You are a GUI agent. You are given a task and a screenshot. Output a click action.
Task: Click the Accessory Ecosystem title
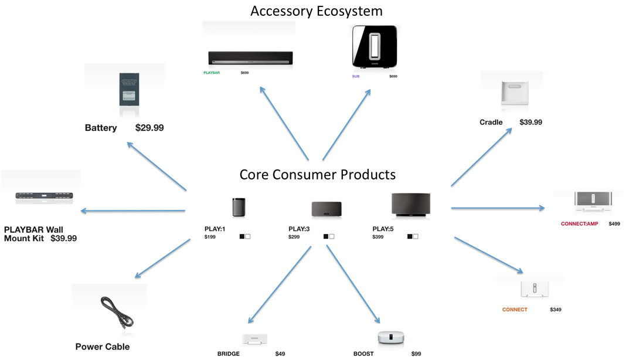point(316,11)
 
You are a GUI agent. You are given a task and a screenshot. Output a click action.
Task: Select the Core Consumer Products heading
point(317,174)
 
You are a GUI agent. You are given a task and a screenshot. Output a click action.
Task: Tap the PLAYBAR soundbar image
point(250,58)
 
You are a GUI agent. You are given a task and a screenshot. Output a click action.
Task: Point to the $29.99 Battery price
point(149,128)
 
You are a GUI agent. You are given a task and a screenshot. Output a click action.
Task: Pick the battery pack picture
point(125,89)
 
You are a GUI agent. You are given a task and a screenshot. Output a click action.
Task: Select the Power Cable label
point(103,347)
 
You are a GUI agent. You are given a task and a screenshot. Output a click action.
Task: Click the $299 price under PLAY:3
point(294,236)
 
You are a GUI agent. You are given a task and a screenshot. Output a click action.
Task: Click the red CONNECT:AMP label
point(579,223)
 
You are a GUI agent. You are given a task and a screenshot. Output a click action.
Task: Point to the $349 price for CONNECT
point(555,309)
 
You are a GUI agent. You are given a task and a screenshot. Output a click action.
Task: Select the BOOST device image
point(391,338)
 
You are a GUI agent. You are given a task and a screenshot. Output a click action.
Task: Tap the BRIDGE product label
point(228,354)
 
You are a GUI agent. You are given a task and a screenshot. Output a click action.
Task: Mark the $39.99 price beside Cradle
point(531,122)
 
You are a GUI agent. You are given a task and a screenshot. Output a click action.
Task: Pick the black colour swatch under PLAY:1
point(242,236)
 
